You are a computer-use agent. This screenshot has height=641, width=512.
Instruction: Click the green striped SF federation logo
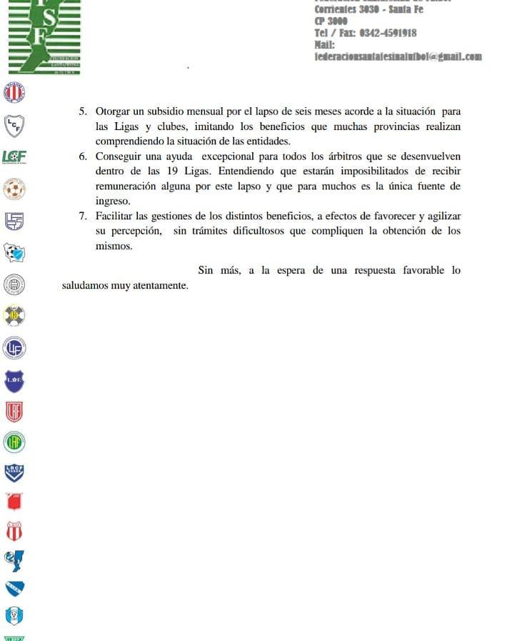click(44, 36)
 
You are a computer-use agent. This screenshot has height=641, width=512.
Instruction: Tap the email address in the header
click(398, 56)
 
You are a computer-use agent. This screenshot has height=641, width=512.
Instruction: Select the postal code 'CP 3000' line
click(331, 21)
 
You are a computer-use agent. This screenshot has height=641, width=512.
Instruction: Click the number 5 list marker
click(83, 112)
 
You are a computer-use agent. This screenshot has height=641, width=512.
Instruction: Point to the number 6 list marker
click(83, 156)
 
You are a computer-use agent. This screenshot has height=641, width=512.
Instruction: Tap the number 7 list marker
click(83, 216)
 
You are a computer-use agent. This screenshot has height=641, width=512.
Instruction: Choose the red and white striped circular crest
click(14, 93)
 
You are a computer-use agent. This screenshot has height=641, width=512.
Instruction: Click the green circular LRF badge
click(14, 442)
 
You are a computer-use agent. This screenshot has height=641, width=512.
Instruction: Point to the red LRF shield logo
click(14, 412)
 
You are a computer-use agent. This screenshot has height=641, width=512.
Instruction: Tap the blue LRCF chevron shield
click(14, 472)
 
